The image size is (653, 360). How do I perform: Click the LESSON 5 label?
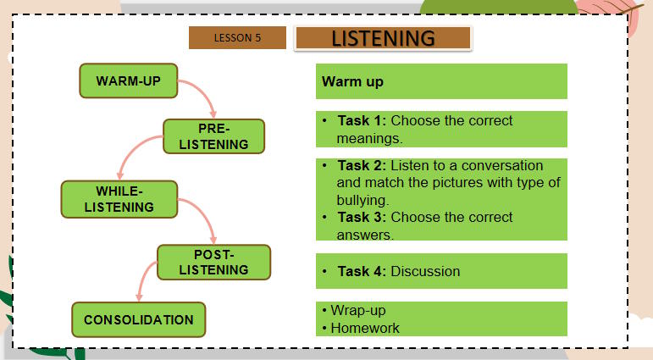tap(237, 38)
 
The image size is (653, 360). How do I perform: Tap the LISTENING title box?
tap(383, 39)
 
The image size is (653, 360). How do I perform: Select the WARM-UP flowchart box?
tap(129, 81)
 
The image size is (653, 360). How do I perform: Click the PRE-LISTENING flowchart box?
tap(214, 136)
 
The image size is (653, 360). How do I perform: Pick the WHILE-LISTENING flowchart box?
tap(119, 199)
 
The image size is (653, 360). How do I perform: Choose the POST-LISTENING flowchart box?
tap(214, 263)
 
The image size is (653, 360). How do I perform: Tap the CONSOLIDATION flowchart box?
tap(139, 320)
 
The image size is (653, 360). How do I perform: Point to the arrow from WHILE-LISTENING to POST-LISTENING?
tap(203, 217)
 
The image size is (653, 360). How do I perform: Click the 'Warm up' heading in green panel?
tap(352, 82)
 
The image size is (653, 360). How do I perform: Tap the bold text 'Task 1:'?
tap(362, 120)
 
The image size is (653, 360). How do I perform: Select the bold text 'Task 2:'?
tap(362, 165)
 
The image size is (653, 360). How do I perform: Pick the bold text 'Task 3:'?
tap(362, 217)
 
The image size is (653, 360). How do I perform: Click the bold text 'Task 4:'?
tap(362, 271)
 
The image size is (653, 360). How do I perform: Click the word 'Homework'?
tap(365, 328)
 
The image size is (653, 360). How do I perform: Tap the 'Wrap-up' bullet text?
tap(358, 310)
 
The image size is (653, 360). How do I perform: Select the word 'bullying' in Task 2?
tap(362, 201)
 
